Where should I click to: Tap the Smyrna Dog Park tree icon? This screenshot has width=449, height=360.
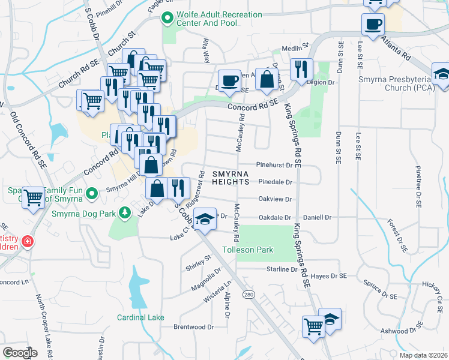point(124,212)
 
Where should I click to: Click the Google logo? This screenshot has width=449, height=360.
point(20,353)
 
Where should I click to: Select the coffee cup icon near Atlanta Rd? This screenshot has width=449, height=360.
point(373,24)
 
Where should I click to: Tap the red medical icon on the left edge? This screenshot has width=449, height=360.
point(28,242)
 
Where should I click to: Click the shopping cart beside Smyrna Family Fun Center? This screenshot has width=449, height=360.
point(34,197)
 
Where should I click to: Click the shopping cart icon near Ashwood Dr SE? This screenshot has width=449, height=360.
point(313,328)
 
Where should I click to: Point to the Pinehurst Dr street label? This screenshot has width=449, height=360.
point(274,164)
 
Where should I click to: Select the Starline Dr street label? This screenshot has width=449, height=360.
point(282,270)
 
